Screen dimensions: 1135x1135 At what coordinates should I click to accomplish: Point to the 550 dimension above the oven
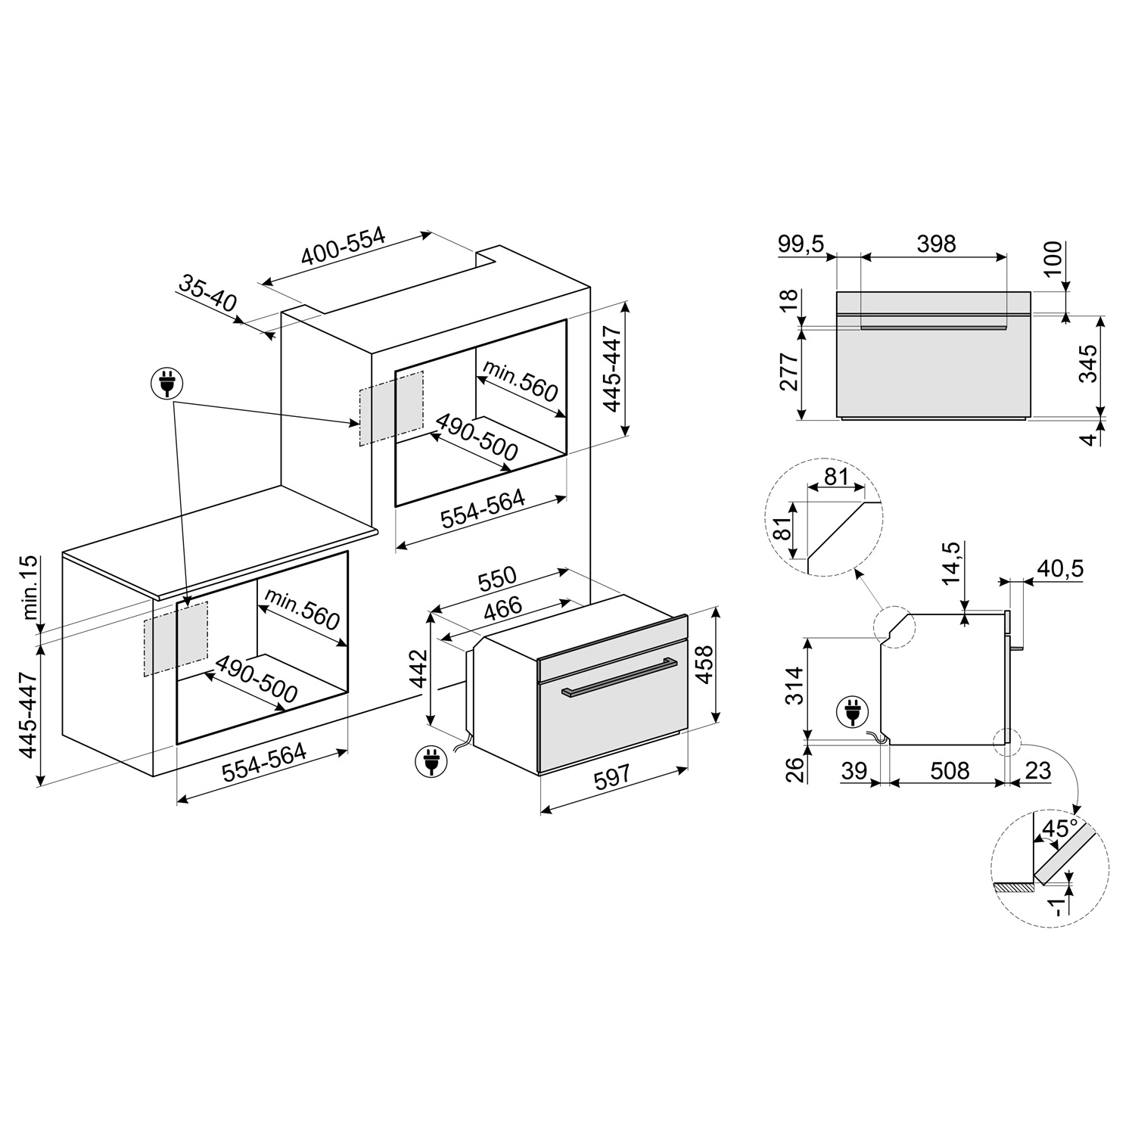(x=496, y=579)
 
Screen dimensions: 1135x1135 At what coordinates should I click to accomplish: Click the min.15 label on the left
(x=30, y=589)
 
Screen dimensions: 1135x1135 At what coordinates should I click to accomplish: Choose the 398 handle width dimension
(x=936, y=244)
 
